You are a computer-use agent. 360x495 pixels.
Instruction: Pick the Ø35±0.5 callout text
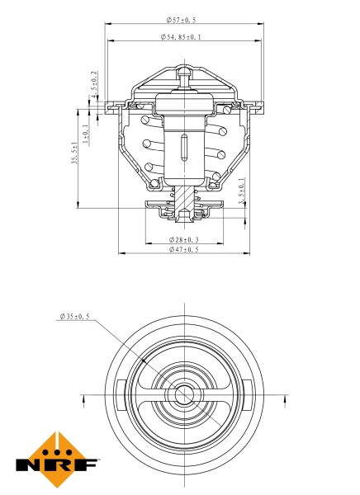[x=74, y=317]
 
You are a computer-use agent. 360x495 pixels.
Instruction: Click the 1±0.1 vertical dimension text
[x=86, y=134]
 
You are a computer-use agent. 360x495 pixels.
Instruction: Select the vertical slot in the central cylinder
[x=183, y=151]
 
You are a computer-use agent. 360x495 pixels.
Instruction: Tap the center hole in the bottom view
[x=183, y=394]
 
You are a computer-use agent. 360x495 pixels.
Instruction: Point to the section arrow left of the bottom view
[x=83, y=402]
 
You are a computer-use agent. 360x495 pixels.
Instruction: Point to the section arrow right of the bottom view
[x=284, y=402]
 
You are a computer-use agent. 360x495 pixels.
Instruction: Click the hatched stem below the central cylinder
[x=183, y=198]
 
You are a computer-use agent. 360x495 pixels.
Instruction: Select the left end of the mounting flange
[x=108, y=105]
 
